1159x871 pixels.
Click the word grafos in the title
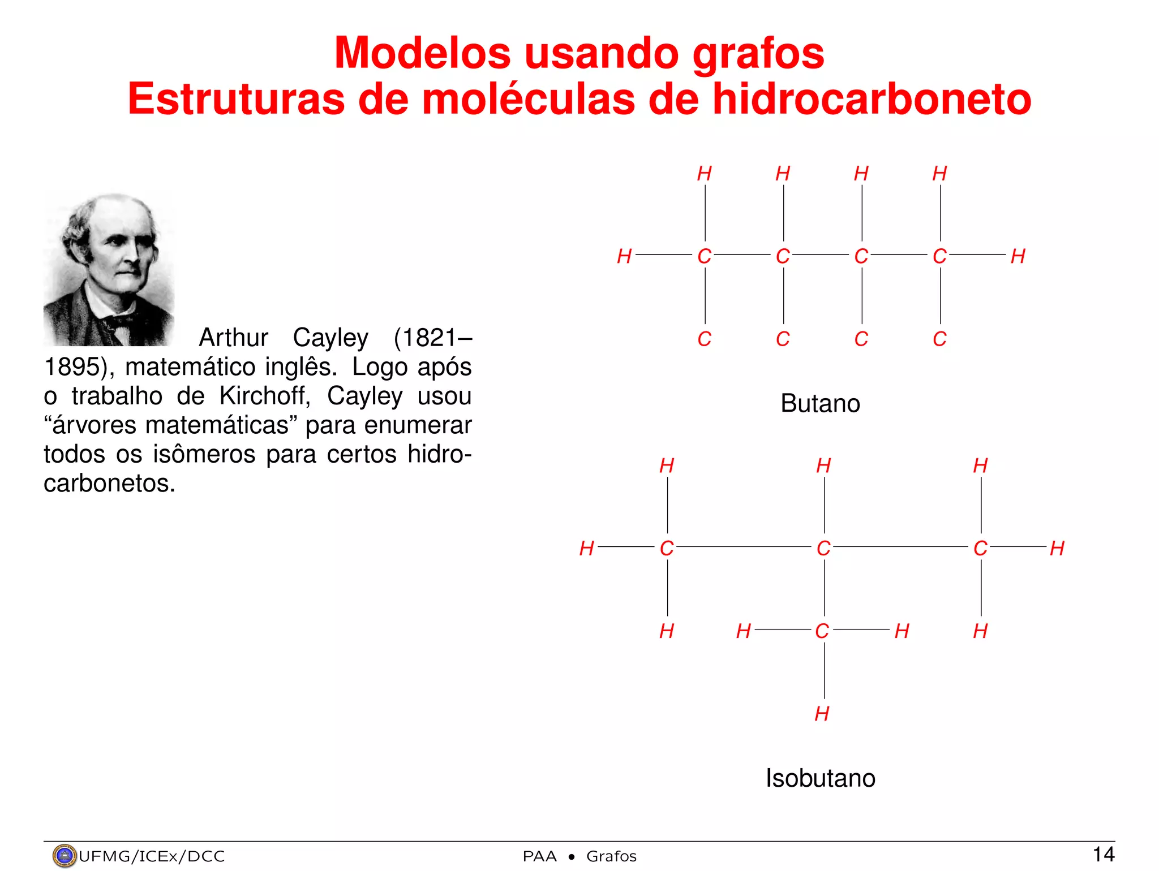tap(758, 54)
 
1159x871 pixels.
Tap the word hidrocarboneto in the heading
tap(872, 100)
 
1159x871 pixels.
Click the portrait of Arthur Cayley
tap(109, 269)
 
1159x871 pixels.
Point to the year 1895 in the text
tap(72, 367)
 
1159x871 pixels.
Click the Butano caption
tap(820, 404)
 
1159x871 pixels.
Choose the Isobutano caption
tap(820, 778)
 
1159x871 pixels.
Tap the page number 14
tap(1103, 855)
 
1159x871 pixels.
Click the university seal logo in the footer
tap(64, 856)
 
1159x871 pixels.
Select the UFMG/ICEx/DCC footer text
tap(152, 856)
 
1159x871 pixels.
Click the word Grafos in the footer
tap(611, 856)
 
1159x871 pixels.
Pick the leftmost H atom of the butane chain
tap(624, 256)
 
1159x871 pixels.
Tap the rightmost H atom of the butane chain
tap(1018, 256)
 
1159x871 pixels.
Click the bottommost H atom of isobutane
tap(822, 714)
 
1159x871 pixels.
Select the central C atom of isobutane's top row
tap(823, 548)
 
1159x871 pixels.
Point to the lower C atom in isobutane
tap(822, 631)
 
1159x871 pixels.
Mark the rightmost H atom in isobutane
tap(1057, 548)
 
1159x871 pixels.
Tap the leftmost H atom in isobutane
tap(587, 548)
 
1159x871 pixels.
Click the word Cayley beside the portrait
tap(330, 338)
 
